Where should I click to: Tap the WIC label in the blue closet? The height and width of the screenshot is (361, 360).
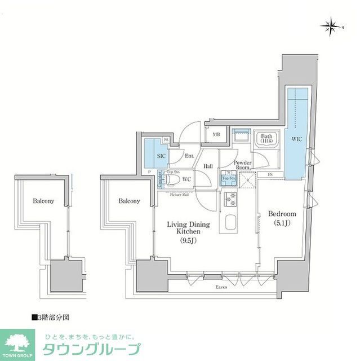(x=297, y=138)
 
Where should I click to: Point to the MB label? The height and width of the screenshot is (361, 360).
(x=216, y=134)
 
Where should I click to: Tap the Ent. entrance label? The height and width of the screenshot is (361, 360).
(x=189, y=156)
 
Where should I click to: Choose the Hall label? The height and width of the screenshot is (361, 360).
(x=208, y=166)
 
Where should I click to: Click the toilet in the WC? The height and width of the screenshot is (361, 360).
(x=173, y=180)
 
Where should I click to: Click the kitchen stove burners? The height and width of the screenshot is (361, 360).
(x=231, y=199)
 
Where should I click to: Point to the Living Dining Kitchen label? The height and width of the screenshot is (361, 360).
(x=188, y=228)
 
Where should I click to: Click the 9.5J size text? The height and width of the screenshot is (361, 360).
(x=188, y=241)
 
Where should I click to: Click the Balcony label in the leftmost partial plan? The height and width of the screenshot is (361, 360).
(x=43, y=201)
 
